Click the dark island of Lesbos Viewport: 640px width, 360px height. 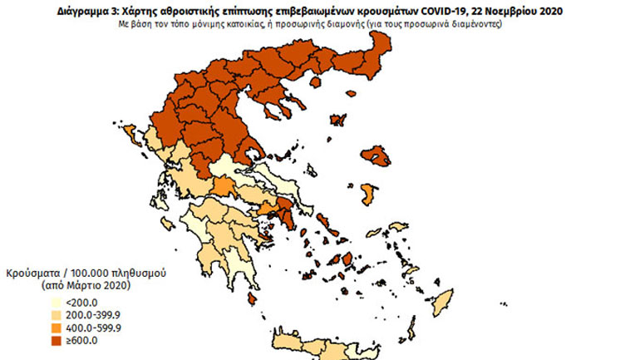click(380, 155)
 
